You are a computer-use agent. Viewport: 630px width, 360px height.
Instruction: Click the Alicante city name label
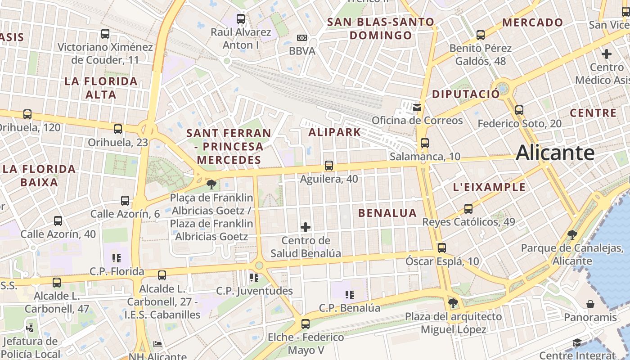click(x=555, y=153)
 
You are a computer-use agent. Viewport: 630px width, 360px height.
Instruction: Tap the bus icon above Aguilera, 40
click(x=329, y=166)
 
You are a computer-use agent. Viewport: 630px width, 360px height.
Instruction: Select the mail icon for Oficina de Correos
click(x=417, y=107)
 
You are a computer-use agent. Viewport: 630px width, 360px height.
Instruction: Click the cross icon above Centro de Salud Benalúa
click(x=306, y=227)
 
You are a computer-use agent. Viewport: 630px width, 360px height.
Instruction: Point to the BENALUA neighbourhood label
click(x=387, y=213)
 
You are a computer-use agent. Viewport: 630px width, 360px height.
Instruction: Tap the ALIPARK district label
click(x=334, y=132)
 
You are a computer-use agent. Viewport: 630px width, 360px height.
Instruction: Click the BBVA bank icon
click(x=302, y=38)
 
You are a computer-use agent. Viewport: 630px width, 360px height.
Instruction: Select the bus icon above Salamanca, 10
click(x=424, y=143)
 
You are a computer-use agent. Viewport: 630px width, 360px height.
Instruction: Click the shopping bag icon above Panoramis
click(x=590, y=305)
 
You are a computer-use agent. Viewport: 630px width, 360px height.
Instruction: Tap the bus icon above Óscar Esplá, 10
click(x=441, y=247)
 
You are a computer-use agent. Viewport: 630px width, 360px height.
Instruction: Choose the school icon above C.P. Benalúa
click(x=349, y=295)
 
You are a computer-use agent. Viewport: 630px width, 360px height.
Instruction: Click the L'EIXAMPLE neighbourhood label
click(x=489, y=187)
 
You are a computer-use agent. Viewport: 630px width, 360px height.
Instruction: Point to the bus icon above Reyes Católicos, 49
click(x=468, y=209)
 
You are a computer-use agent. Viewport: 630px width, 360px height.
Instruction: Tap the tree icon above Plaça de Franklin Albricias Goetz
click(x=211, y=184)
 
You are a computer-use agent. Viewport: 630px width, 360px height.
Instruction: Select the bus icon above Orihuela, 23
click(x=118, y=129)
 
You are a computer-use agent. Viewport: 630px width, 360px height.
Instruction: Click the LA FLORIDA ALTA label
click(x=101, y=88)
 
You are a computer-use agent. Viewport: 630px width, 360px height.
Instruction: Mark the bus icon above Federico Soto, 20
click(x=519, y=110)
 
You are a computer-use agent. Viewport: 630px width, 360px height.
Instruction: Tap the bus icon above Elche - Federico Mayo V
click(x=306, y=324)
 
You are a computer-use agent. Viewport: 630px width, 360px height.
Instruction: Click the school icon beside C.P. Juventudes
click(x=254, y=278)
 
